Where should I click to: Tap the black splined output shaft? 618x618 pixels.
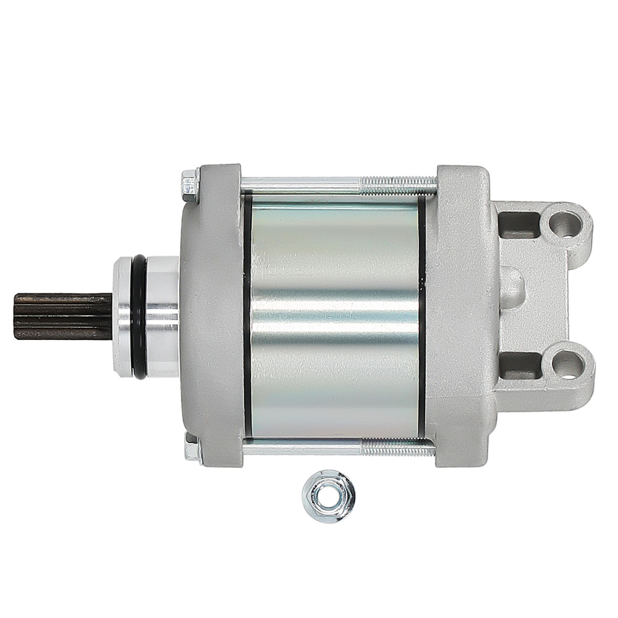[62, 316]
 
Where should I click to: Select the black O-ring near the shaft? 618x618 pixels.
[139, 316]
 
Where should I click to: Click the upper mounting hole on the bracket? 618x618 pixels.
[564, 224]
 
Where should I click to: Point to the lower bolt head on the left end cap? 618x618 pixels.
[192, 447]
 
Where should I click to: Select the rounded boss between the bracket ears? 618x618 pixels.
[512, 288]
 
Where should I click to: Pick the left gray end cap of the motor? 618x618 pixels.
[213, 315]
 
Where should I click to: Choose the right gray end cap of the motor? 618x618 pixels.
[460, 315]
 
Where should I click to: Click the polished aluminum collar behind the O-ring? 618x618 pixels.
[162, 316]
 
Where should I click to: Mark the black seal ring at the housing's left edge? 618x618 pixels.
[247, 315]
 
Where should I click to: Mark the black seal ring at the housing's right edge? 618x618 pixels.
[421, 315]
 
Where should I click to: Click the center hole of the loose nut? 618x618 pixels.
[328, 496]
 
